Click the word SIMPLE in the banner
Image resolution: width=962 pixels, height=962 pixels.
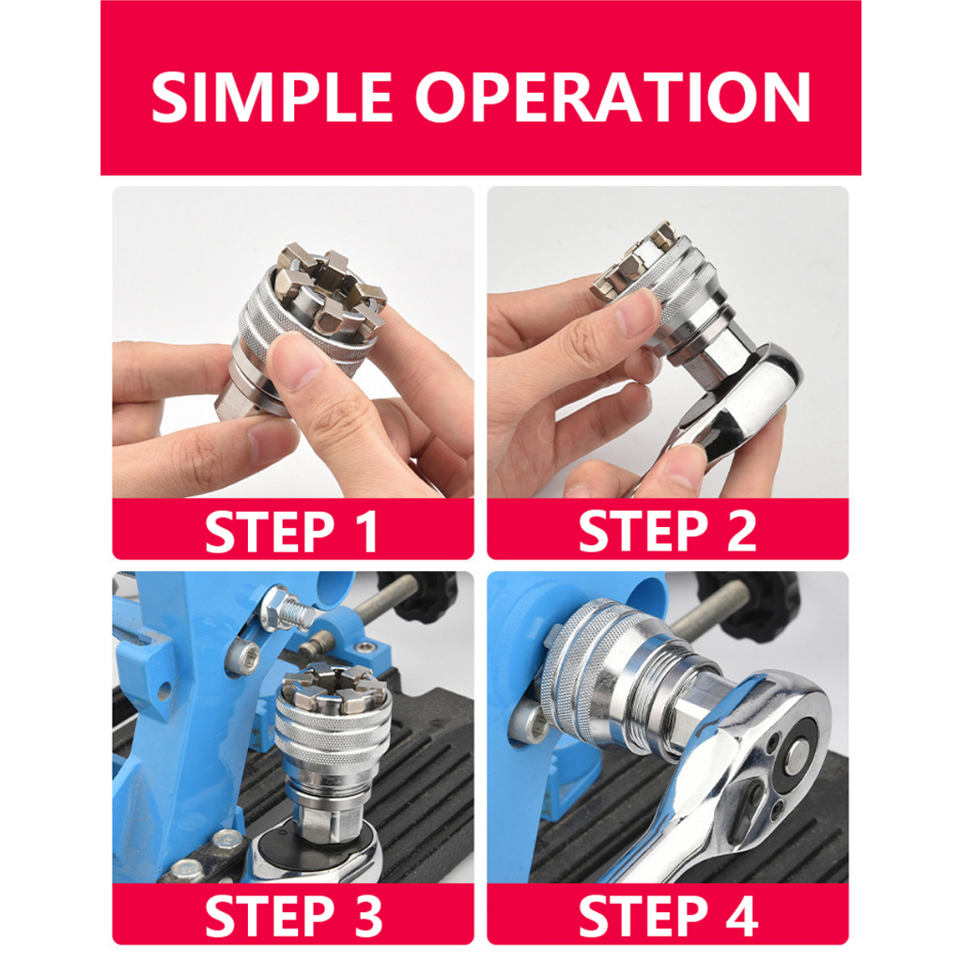[x=272, y=97]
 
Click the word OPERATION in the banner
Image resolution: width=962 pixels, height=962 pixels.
[x=613, y=97]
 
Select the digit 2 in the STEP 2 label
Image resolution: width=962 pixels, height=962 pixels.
[x=740, y=532]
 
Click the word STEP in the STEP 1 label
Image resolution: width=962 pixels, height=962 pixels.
[x=270, y=532]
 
